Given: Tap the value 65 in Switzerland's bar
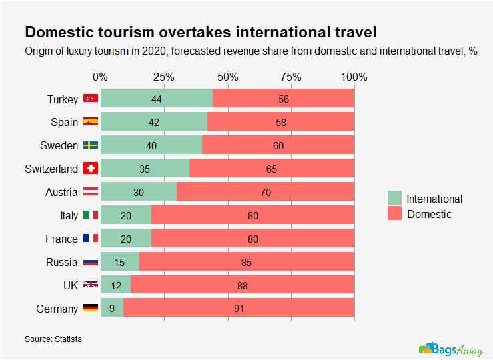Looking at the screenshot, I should [x=272, y=169].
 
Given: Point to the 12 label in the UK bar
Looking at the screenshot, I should [x=115, y=285].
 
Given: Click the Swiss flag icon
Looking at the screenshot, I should [x=90, y=169].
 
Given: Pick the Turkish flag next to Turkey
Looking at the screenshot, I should [x=90, y=99].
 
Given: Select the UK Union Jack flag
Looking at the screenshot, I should [x=90, y=285].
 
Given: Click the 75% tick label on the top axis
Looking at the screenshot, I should [x=290, y=77].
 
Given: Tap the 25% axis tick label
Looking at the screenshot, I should [x=163, y=77].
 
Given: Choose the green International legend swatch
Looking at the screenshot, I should [x=395, y=198].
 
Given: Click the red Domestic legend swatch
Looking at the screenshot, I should [x=395, y=214].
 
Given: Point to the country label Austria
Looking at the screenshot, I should [x=62, y=192].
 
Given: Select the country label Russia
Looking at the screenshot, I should [x=62, y=262].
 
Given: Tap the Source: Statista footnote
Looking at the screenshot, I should [x=53, y=339].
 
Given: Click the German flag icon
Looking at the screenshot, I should [x=90, y=309].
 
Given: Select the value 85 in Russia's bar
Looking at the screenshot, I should [x=246, y=262].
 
